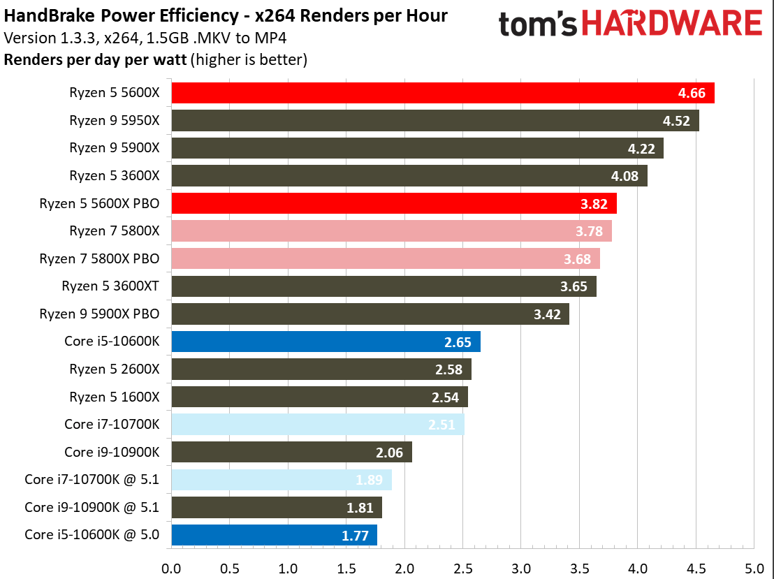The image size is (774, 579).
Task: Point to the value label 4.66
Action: pos(692,93)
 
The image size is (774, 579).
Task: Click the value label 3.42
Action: pos(547,314)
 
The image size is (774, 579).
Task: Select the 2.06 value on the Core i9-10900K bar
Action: pos(390,453)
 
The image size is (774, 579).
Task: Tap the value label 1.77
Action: pos(355,535)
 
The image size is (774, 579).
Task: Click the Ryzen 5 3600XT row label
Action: pos(110,286)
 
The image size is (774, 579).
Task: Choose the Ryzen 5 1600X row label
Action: pos(115,397)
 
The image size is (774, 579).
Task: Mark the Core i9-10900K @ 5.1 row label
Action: pos(92,507)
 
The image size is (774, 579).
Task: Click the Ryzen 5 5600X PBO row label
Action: pos(100,204)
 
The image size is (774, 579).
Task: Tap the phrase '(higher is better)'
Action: pos(249,60)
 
